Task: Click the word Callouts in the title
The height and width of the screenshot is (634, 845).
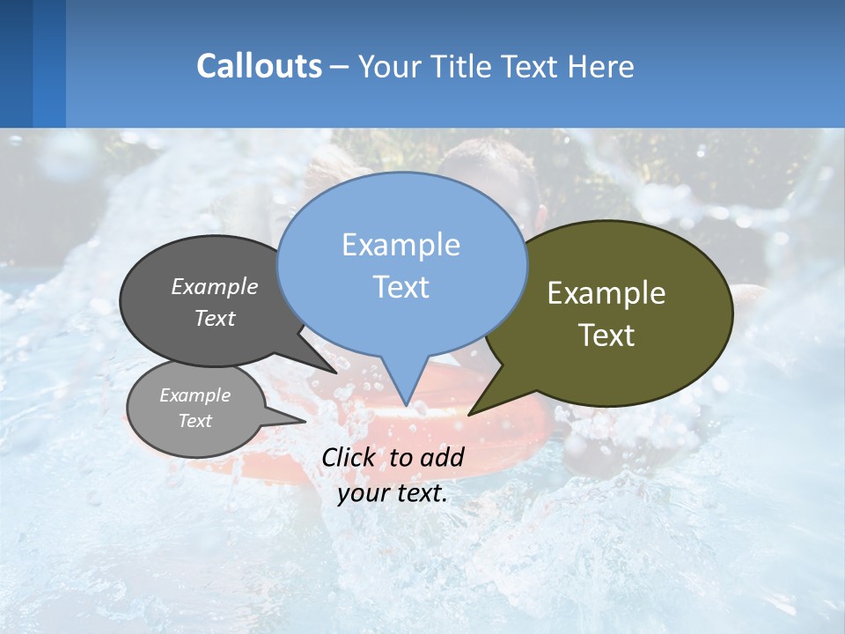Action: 259,66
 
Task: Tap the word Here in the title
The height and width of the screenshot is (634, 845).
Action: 599,67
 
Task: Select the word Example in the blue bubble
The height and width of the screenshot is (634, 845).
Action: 400,245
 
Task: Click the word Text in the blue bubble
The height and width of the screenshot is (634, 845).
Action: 400,287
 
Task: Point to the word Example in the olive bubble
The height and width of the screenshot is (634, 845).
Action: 606,293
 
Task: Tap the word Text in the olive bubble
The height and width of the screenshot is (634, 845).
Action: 606,335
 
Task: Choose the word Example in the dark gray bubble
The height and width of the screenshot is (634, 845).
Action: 215,286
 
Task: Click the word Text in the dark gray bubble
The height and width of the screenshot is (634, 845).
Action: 215,318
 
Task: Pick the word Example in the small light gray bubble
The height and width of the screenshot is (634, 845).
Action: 195,395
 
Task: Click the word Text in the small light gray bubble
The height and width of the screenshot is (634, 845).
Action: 195,421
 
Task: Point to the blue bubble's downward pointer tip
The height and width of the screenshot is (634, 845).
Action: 406,404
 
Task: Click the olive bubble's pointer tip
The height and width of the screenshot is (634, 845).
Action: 470,413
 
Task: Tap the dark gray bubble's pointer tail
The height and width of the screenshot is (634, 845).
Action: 333,371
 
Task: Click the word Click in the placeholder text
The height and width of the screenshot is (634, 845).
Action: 350,457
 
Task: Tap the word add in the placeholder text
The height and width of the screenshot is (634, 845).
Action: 442,457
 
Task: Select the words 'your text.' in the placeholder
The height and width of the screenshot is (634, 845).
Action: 393,493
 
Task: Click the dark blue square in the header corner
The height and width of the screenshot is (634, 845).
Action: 16,63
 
